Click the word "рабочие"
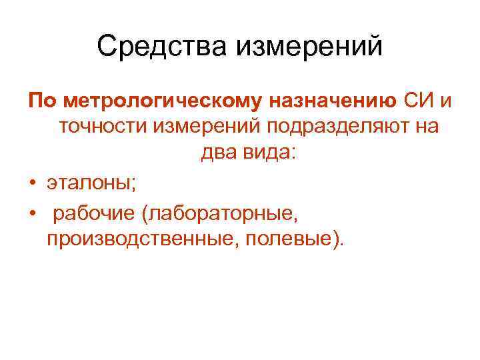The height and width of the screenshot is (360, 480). coord(93,213)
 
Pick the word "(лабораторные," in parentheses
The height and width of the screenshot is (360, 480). coord(222,213)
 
